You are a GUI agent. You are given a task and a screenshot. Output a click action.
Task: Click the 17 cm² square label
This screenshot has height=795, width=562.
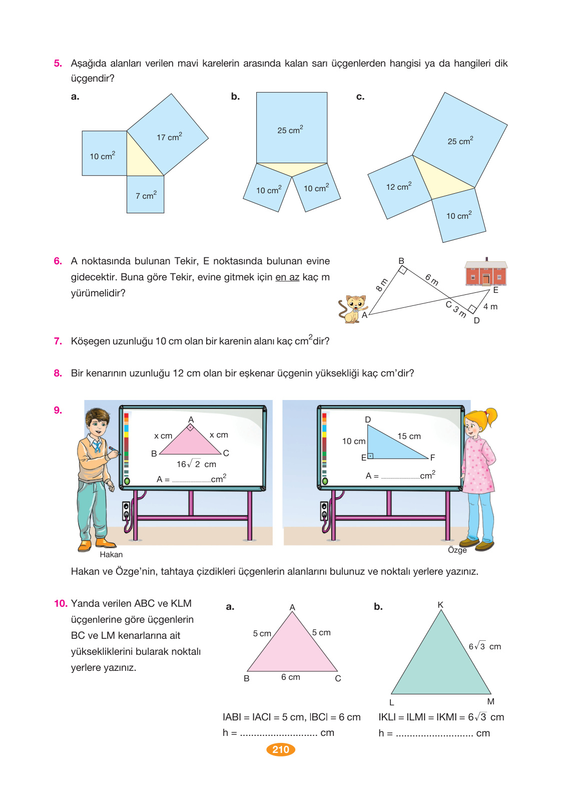pos(169,137)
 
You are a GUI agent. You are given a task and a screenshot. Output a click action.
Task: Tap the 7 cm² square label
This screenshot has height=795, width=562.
pos(146,195)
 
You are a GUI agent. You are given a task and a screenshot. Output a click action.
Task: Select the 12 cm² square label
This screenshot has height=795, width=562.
pos(398,186)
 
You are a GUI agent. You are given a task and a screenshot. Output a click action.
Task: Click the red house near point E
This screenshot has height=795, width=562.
pos(485,272)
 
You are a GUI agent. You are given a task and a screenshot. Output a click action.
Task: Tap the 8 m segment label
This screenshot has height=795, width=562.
pos(381,285)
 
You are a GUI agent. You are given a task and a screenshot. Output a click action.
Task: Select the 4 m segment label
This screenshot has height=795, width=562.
pos(490,306)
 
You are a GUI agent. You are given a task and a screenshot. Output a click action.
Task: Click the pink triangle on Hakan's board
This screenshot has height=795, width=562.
pos(190,443)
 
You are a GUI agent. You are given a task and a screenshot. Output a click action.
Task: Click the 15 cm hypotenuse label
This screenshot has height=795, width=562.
pos(409,436)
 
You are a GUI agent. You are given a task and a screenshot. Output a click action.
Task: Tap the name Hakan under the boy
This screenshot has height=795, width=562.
pos(111,554)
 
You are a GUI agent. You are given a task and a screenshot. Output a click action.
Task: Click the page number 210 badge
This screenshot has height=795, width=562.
pos(281,749)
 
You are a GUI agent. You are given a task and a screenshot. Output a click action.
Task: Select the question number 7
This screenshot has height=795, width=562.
pos(58,341)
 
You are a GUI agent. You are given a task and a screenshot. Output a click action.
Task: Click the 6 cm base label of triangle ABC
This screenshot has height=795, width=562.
pos(290,677)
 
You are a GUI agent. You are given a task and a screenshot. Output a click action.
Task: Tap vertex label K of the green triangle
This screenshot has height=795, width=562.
pos(440,605)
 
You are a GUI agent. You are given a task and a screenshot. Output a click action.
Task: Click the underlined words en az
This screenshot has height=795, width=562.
pos(287,277)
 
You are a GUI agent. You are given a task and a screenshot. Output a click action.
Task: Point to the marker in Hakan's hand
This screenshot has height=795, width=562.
pos(114,450)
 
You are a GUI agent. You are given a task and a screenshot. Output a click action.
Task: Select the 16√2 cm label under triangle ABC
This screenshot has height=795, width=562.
pos(196,464)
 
